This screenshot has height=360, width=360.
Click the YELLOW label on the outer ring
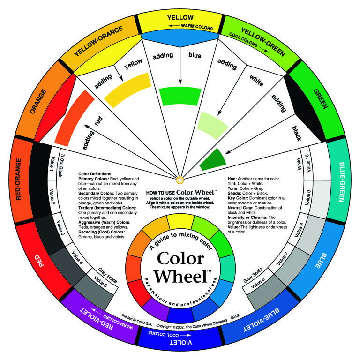pyautogui.click(x=180, y=17)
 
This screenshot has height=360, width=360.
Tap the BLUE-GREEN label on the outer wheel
pyautogui.click(x=342, y=182)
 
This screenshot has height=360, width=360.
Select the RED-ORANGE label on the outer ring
pyautogui.click(x=18, y=179)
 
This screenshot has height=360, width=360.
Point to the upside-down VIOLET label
pyautogui.click(x=180, y=343)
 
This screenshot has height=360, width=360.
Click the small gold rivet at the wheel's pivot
pyautogui.click(x=180, y=180)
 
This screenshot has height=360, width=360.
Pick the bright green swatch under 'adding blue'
pyautogui.click(x=180, y=96)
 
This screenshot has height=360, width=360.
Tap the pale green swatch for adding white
pyautogui.click(x=212, y=125)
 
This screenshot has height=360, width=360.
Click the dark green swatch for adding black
pyautogui.click(x=213, y=159)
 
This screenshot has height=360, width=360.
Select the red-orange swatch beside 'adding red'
pyautogui.click(x=74, y=118)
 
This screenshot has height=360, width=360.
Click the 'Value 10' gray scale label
pyautogui.click(x=308, y=163)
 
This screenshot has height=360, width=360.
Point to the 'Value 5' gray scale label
pyautogui.click(x=101, y=281)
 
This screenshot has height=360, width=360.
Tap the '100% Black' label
pyautogui.click(x=61, y=165)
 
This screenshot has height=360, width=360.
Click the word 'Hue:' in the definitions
pyautogui.click(x=232, y=179)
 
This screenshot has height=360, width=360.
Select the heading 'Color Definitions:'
pyautogui.click(x=95, y=174)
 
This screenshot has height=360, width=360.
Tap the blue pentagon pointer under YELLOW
pyautogui.click(x=180, y=38)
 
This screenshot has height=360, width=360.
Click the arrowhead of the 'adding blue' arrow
pyautogui.click(x=180, y=82)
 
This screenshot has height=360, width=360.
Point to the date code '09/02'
pyautogui.click(x=235, y=317)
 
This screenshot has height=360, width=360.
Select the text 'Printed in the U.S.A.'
pyautogui.click(x=137, y=320)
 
